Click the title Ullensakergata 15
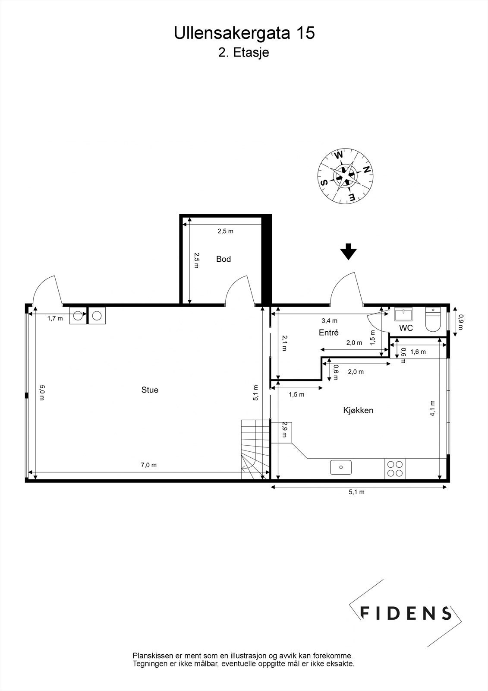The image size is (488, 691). [244, 34]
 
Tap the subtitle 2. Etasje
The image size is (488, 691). [243, 53]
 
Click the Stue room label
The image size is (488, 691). [150, 390]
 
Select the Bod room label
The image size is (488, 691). [224, 259]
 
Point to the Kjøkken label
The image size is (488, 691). [358, 410]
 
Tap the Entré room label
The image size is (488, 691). [328, 333]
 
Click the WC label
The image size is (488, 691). [406, 328]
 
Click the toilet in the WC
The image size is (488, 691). [432, 319]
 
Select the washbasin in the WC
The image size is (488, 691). [404, 313]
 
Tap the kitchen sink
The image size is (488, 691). [341, 467]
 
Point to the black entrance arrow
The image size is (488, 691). [348, 252]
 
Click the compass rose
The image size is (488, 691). [346, 176]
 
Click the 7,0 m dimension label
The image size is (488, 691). [148, 465]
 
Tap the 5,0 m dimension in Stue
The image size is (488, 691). [42, 393]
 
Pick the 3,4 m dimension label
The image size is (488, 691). [329, 320]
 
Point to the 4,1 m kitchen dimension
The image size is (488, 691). [433, 409]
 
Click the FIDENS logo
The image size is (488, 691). [405, 613]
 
